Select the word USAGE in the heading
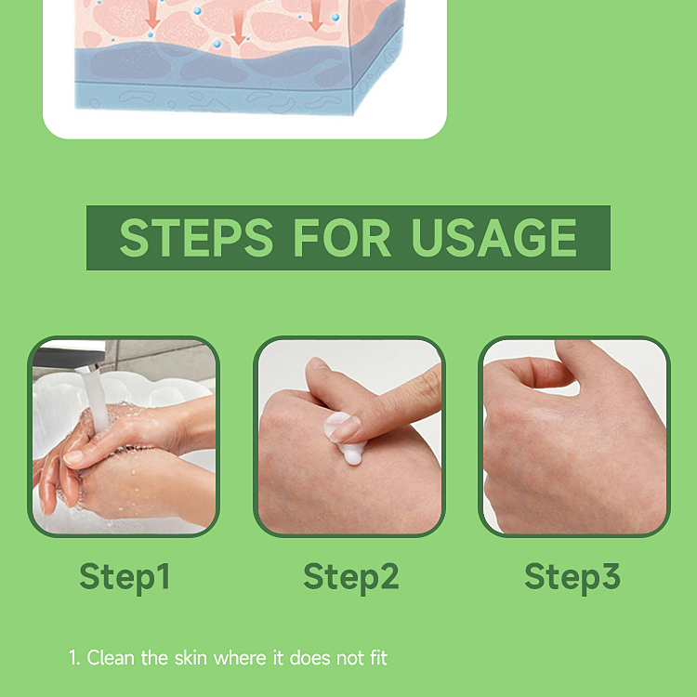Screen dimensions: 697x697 [493, 238]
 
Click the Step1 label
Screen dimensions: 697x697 [125, 576]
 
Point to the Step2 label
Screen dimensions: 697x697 [350, 576]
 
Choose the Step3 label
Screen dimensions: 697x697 [572, 576]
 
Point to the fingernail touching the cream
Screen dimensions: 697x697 [345, 427]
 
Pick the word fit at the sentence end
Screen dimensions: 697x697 [376, 658]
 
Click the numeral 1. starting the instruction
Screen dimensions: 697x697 [74, 658]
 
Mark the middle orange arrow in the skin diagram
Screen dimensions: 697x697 [239, 28]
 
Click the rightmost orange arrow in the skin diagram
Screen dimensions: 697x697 [316, 14]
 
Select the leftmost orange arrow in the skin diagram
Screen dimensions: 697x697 [153, 14]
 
